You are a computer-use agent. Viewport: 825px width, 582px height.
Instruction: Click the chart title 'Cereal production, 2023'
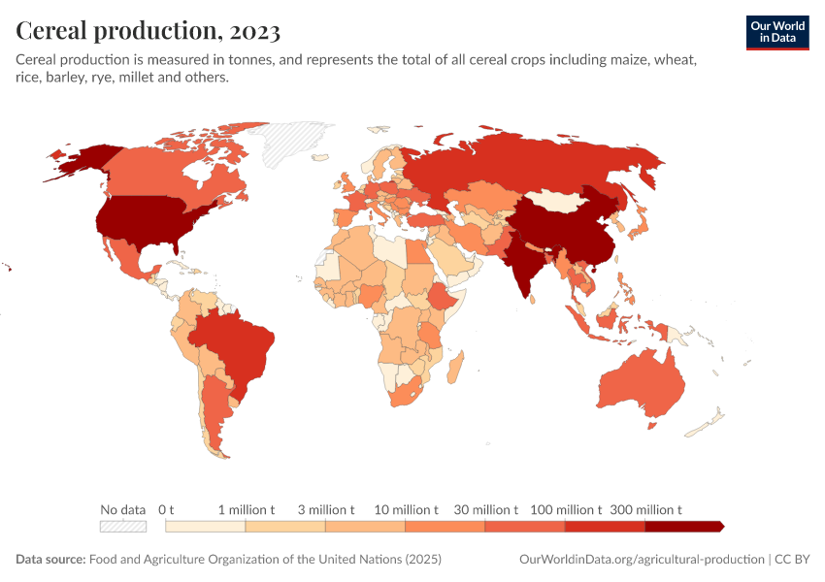click(x=148, y=31)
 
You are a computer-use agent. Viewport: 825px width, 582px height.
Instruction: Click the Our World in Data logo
click(x=776, y=31)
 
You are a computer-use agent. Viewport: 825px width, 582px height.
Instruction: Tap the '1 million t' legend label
click(x=246, y=509)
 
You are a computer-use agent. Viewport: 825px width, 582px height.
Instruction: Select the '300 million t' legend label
click(x=645, y=509)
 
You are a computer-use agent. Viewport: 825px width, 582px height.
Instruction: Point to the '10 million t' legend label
click(x=405, y=509)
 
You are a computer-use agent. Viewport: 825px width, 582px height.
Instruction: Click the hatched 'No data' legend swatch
click(x=122, y=527)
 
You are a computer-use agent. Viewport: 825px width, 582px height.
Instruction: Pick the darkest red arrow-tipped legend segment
click(x=683, y=527)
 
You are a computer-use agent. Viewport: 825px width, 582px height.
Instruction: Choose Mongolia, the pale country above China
click(x=559, y=200)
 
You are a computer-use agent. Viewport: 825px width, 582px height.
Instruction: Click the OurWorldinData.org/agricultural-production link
click(x=642, y=560)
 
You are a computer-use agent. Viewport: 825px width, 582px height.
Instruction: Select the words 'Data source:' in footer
click(x=50, y=560)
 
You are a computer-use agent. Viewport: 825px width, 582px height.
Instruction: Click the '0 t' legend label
click(x=166, y=509)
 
